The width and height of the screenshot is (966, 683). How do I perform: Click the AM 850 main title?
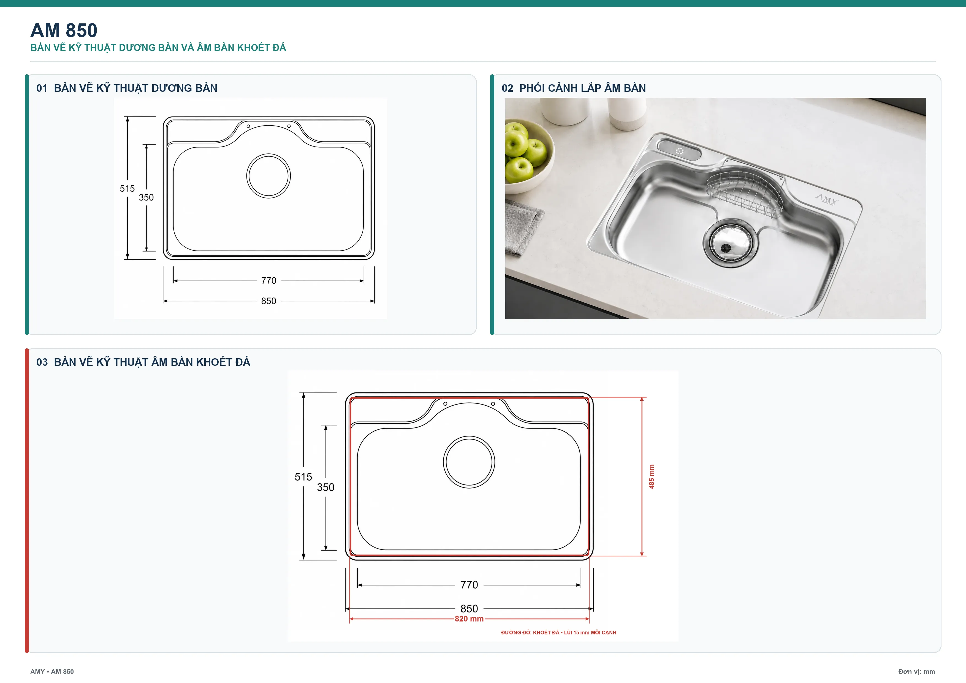tap(64, 30)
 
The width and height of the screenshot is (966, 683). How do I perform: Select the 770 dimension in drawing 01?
tap(268, 281)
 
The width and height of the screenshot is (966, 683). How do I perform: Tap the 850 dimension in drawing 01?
tap(268, 301)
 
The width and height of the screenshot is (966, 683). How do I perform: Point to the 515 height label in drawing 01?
tap(127, 189)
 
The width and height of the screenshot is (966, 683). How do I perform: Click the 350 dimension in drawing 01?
tap(146, 197)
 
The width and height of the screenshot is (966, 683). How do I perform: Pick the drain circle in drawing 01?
tap(268, 154)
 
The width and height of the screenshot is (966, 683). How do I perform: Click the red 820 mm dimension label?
tap(469, 619)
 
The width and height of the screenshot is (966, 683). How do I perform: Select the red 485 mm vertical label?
tap(651, 476)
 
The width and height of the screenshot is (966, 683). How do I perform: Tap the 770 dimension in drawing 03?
tap(469, 584)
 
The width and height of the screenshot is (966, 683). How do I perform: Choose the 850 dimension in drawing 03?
tap(469, 609)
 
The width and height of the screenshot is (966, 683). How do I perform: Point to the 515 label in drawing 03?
tap(303, 477)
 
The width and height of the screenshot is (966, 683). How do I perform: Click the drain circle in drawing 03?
tap(469, 437)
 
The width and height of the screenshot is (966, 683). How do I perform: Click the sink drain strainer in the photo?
tap(730, 243)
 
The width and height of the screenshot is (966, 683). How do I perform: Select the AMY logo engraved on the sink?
tap(826, 199)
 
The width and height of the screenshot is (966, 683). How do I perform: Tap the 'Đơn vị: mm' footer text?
tap(916, 672)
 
